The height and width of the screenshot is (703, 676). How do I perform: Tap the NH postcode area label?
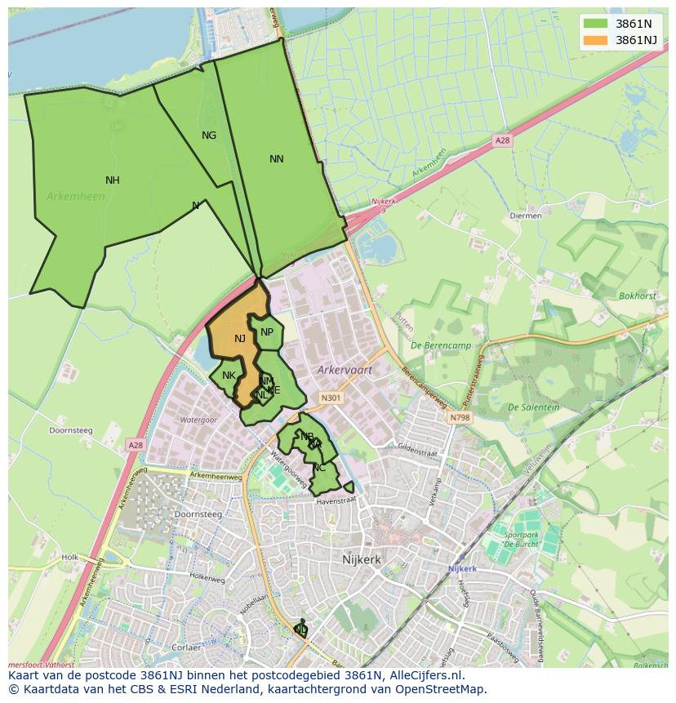(x=113, y=180)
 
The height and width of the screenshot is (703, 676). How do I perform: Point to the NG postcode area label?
(x=209, y=136)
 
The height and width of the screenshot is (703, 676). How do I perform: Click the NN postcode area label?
(x=277, y=159)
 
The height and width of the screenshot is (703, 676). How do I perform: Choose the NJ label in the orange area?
(x=240, y=339)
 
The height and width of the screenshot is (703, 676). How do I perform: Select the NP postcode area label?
(x=267, y=331)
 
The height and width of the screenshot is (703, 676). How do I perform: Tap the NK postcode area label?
(x=229, y=376)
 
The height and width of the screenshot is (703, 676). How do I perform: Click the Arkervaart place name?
(x=345, y=370)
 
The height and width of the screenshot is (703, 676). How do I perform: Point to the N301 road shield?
(x=331, y=398)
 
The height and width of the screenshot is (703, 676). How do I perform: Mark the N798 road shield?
(x=460, y=417)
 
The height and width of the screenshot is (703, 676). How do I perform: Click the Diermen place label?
(x=525, y=216)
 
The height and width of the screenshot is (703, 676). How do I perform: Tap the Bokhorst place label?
(x=637, y=296)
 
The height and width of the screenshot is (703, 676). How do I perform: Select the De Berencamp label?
(x=442, y=345)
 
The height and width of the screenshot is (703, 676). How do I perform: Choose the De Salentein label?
(x=533, y=407)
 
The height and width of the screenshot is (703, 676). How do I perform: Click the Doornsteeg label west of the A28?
(x=71, y=430)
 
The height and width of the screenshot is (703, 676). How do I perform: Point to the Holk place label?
(x=69, y=558)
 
